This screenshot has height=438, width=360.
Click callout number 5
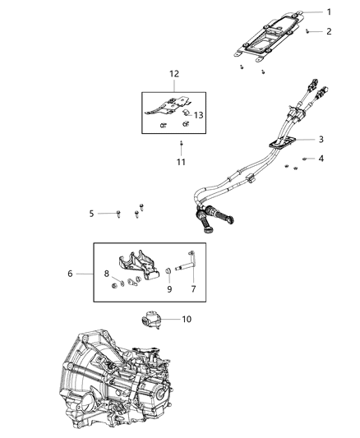click(92, 214)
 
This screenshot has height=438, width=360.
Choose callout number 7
click(193, 289)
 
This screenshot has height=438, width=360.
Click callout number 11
click(181, 162)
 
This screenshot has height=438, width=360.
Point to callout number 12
click(173, 74)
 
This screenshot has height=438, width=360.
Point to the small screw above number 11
click(181, 144)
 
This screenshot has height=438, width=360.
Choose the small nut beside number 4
click(304, 158)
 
